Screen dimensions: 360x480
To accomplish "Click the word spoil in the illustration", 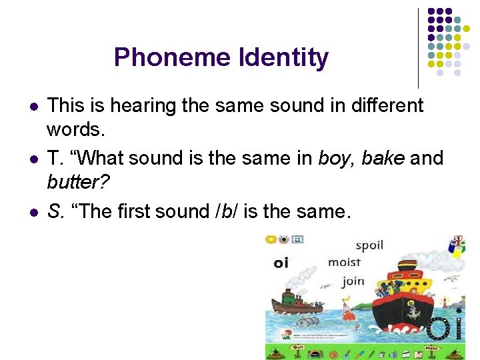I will coord(369,245).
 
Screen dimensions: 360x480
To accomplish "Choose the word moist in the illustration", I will coord(344,263).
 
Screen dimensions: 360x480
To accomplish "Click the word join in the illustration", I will coord(353,281).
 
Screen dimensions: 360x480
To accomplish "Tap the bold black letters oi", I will coord(281,263).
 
